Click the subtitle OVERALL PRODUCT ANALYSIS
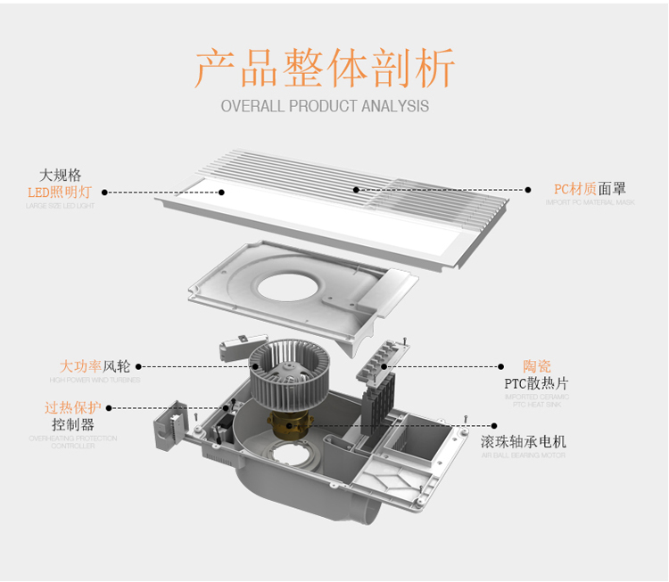[325, 106]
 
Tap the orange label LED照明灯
[60, 192]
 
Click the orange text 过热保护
[73, 407]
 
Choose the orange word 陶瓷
[537, 366]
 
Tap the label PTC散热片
[536, 384]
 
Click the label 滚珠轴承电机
[536, 442]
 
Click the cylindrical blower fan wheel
[286, 373]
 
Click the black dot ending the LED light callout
[104, 192]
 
